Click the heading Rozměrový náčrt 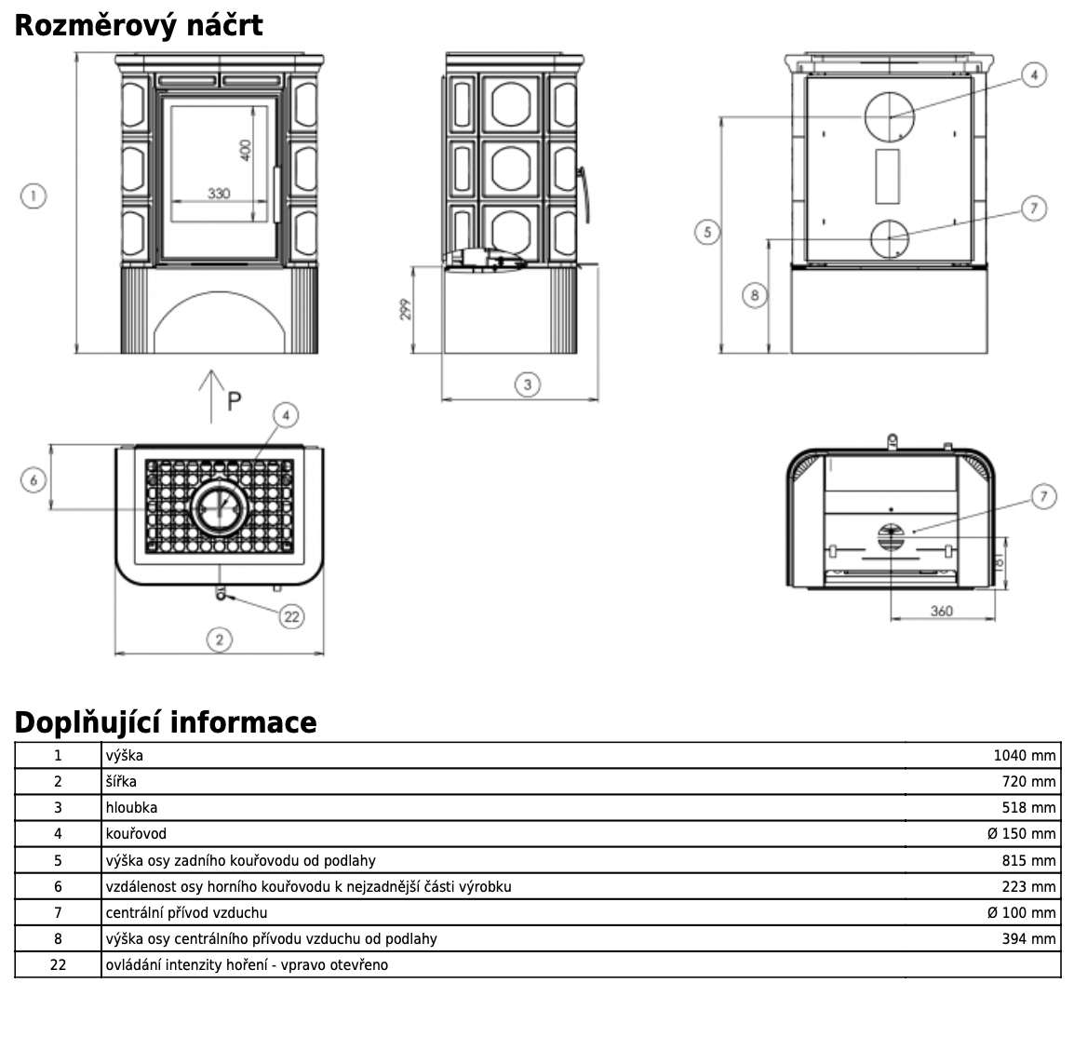(x=138, y=25)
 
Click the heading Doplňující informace (x=166, y=721)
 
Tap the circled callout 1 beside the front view (x=34, y=195)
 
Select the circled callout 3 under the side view (x=528, y=384)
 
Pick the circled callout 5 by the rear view (x=708, y=231)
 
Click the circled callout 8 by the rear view (x=755, y=296)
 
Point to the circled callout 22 (x=292, y=615)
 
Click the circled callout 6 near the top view (x=34, y=480)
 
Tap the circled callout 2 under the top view (x=220, y=640)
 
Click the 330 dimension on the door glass (x=218, y=193)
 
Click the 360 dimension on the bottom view (x=942, y=611)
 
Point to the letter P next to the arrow (x=234, y=401)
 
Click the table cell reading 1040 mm (x=1025, y=756)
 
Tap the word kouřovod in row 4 (x=136, y=834)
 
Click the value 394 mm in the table (x=1028, y=938)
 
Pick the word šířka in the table (x=121, y=782)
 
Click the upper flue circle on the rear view (x=890, y=117)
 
